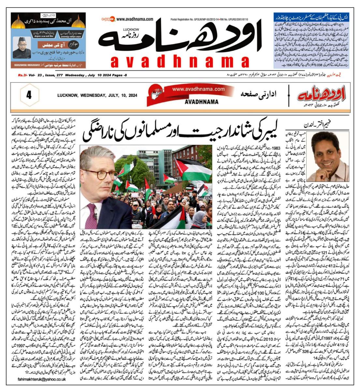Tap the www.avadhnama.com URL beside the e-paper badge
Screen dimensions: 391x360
pos(135,20)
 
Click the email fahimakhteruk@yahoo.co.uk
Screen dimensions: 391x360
pos(42,379)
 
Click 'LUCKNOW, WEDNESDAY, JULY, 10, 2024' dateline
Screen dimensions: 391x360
pos(97,96)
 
